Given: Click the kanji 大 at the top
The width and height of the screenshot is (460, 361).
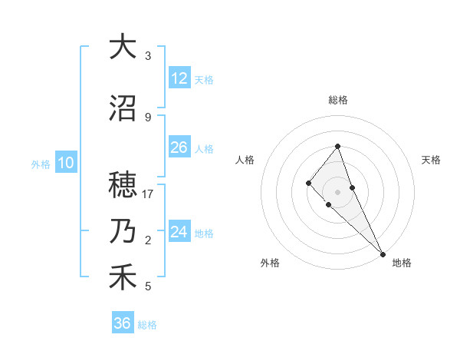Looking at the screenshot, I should (123, 47).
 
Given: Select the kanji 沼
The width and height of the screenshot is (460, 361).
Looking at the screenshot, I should (123, 109).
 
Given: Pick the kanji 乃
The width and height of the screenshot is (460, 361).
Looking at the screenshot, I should (123, 232).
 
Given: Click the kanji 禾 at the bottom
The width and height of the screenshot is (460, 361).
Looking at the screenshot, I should (123, 278).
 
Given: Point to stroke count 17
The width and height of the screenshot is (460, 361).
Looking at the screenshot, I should (148, 194).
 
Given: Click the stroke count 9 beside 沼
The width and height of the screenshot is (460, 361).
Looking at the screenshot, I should (147, 117).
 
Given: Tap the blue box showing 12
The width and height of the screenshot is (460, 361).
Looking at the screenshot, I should (179, 78).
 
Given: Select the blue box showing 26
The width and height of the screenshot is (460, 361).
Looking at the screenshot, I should (179, 147).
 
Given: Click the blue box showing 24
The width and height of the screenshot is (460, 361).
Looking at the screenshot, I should (179, 232).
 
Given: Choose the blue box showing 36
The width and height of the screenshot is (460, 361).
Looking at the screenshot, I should (123, 323).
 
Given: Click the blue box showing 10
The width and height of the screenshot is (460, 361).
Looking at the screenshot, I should (65, 163).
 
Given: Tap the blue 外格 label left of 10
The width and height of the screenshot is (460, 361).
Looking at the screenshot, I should (41, 164).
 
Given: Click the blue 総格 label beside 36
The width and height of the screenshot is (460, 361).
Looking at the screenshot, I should (147, 325).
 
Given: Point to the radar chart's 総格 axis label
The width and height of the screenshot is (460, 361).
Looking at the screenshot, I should (338, 100).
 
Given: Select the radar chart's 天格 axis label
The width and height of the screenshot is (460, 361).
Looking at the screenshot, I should (431, 160).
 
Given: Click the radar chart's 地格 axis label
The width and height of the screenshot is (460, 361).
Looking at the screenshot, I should (402, 263).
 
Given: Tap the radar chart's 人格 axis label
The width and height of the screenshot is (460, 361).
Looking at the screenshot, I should (245, 160).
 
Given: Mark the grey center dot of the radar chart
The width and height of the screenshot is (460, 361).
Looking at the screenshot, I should (337, 191).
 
